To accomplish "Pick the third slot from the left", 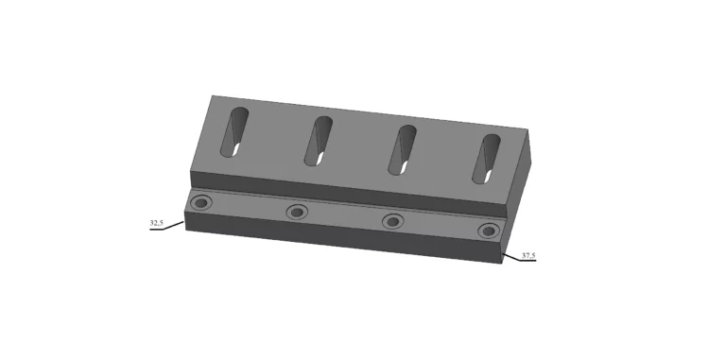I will tap(404, 148).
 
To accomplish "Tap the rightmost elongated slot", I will tap(489, 158).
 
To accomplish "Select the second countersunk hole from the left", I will tap(297, 212).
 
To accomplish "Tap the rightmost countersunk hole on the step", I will tap(488, 231).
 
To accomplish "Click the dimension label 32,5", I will tap(156, 223).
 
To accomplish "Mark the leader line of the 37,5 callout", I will tap(510, 255).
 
